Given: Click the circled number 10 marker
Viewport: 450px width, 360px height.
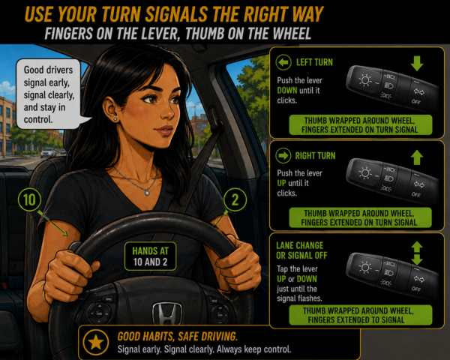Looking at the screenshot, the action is [29, 199].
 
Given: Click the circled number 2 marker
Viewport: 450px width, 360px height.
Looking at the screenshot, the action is [235, 199].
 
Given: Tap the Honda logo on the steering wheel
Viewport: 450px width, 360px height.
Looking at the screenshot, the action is [167, 313].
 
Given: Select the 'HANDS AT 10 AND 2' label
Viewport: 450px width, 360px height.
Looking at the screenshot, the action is [151, 256].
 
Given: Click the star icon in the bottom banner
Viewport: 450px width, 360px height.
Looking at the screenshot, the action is [95, 342].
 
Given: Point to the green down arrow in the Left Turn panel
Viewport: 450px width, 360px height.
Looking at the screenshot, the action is [417, 63].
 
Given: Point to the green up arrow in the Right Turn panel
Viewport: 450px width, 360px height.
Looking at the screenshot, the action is [417, 157].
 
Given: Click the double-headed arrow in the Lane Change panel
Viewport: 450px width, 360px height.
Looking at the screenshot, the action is [417, 253].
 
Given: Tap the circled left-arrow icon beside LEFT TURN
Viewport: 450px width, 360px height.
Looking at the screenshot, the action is [283, 62].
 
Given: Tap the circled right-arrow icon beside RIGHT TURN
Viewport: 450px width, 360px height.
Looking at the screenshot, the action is [283, 156].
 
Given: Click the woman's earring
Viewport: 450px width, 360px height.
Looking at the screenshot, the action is [115, 119].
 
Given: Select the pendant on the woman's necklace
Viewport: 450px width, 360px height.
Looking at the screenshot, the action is [147, 193].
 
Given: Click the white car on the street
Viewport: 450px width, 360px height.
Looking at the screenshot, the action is [48, 152].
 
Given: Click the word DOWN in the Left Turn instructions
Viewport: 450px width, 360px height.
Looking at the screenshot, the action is [287, 91].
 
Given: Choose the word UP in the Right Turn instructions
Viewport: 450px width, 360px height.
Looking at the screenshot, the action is [281, 183].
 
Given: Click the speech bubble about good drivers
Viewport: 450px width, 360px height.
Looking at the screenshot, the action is [48, 94].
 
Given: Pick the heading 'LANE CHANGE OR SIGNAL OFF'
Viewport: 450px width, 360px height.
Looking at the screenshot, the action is [301, 250].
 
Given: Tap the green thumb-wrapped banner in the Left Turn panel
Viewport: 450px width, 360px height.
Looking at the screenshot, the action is [361, 125].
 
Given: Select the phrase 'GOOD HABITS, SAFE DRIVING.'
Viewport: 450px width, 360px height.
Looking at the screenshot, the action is [177, 337].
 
